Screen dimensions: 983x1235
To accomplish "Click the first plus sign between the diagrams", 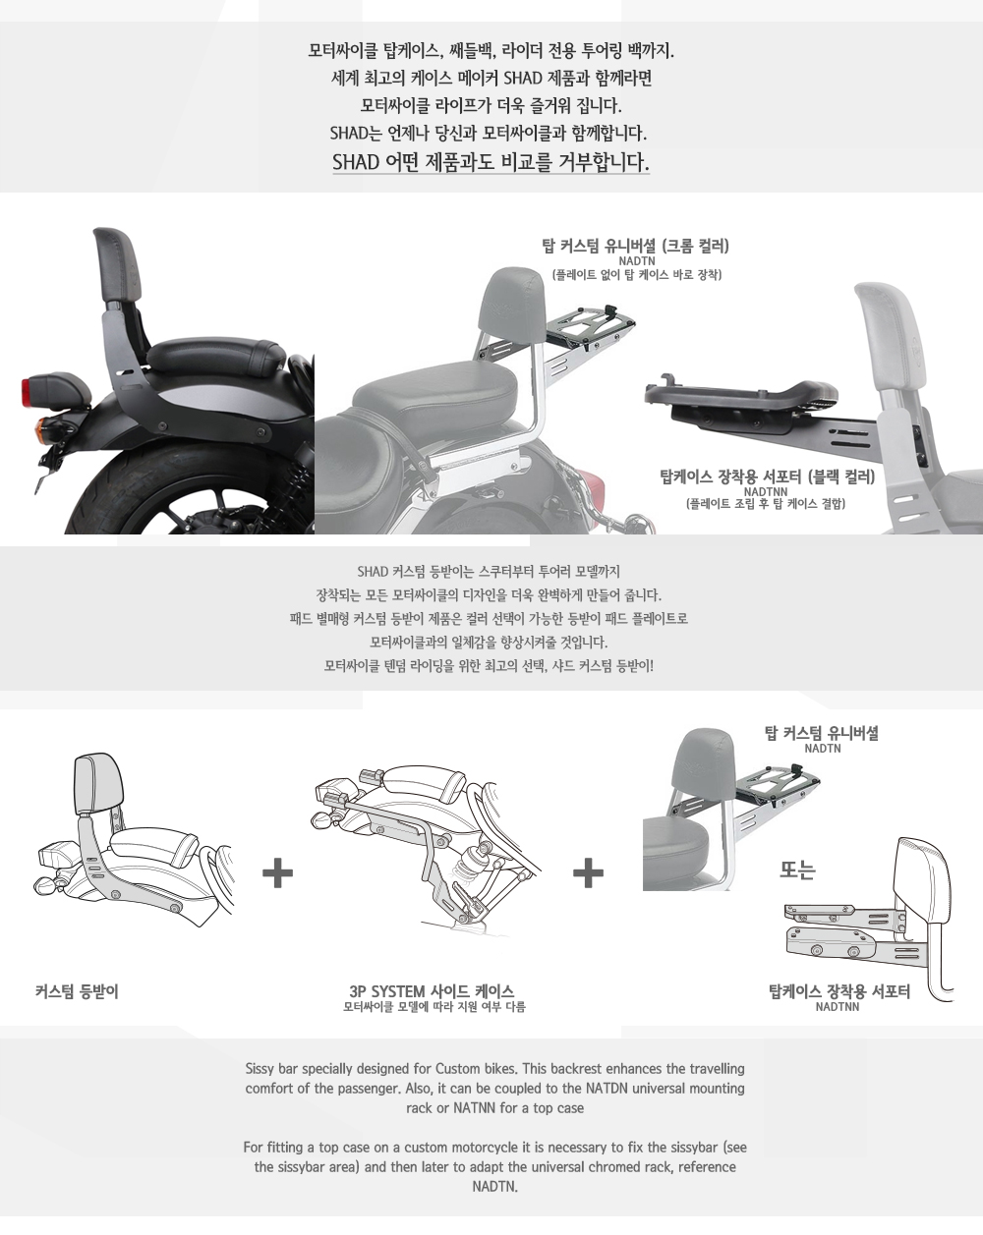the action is pyautogui.click(x=277, y=872).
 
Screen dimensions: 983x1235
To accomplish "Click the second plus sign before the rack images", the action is pyautogui.click(x=588, y=872).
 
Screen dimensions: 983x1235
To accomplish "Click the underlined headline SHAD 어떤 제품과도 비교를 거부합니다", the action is pyautogui.click(x=491, y=162).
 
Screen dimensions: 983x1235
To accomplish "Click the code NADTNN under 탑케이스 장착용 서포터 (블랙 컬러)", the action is pyautogui.click(x=766, y=492).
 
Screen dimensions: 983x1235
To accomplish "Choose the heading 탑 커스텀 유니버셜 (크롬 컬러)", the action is pyautogui.click(x=636, y=247).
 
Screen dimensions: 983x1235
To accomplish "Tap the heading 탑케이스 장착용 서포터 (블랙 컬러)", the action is pyautogui.click(x=767, y=477).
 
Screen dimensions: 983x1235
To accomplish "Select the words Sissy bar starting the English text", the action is pyautogui.click(x=271, y=1069).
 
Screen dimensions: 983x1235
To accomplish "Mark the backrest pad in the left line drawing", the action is pyautogui.click(x=98, y=783).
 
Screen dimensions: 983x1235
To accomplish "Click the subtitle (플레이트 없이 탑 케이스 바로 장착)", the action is pyautogui.click(x=637, y=275).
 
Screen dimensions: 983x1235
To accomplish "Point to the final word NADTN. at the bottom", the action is pyautogui.click(x=495, y=1186).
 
